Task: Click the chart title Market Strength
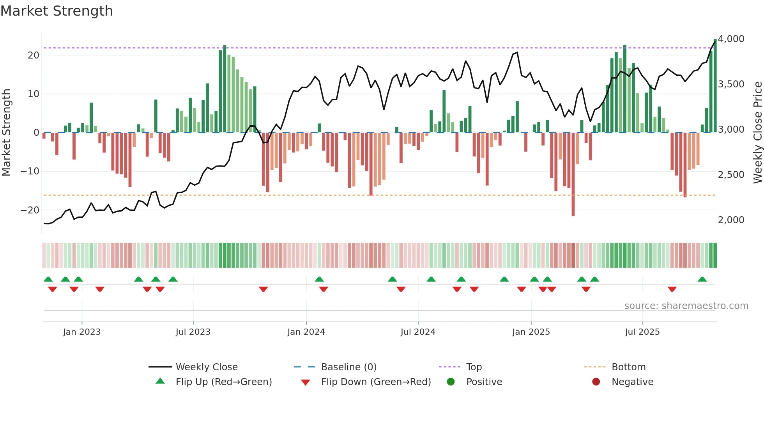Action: coord(57,11)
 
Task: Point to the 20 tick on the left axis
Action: coord(34,55)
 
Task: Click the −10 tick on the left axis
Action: coord(30,171)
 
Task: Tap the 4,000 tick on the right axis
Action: coord(731,39)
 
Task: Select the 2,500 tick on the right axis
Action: coord(731,175)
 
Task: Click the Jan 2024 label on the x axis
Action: coord(306,332)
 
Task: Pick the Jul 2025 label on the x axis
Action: coord(642,332)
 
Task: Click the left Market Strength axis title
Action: coord(7,133)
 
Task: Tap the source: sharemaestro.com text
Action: coord(686,306)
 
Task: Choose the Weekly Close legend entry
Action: coord(207,367)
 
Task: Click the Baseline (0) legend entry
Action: coord(348,367)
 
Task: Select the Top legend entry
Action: coord(474,367)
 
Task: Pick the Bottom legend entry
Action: coord(628,367)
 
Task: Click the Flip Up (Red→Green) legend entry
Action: coord(223,382)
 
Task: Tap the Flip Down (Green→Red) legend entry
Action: coord(376,382)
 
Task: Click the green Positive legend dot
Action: coord(451,382)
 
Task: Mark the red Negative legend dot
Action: coord(596,382)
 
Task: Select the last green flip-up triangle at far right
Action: coord(702,279)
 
